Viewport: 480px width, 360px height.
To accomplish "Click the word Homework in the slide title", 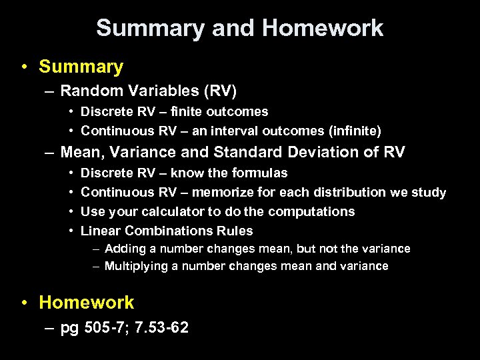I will point(323,28).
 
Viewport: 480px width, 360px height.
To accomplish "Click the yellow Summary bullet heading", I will point(81,67).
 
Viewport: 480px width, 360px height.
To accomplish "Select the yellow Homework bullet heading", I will point(86,303).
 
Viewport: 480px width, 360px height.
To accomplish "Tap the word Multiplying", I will point(137,266).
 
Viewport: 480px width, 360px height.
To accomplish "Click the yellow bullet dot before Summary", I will point(23,67).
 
